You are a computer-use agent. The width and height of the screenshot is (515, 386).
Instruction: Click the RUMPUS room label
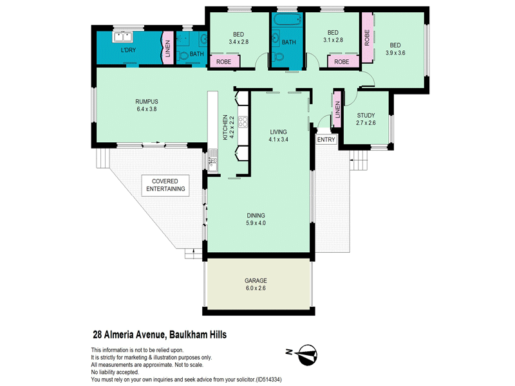(x=147, y=102)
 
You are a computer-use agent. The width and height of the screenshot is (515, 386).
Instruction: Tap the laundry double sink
(x=122, y=37)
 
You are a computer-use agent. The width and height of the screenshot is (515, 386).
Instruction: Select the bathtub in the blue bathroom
(x=287, y=19)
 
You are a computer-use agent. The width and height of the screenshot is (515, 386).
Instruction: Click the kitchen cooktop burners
(x=243, y=122)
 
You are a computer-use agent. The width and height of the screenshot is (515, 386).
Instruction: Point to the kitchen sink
(x=212, y=160)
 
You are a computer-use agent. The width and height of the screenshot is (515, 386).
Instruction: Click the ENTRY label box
(x=326, y=140)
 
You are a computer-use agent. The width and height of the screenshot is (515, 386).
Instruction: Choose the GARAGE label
(x=256, y=280)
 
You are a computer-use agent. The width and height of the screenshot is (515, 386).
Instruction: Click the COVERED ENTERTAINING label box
(x=165, y=185)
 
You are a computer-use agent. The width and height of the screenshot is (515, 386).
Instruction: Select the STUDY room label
(x=366, y=116)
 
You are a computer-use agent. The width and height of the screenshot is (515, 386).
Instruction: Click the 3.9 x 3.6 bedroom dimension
(x=395, y=53)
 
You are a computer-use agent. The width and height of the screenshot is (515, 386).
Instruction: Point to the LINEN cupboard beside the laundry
(x=168, y=48)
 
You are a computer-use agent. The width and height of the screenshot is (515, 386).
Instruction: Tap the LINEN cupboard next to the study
(x=337, y=109)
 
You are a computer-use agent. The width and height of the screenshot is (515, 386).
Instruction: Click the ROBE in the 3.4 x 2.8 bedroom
(x=223, y=62)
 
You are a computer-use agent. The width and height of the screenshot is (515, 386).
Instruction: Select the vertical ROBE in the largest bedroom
(x=367, y=37)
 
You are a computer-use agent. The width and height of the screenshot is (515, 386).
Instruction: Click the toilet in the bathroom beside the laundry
(x=183, y=56)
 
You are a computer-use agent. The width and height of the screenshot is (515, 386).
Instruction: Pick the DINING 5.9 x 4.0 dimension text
(x=256, y=223)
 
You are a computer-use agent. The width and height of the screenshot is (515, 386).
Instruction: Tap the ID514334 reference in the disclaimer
(x=268, y=380)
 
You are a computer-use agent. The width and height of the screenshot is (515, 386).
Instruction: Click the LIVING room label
(x=278, y=132)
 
